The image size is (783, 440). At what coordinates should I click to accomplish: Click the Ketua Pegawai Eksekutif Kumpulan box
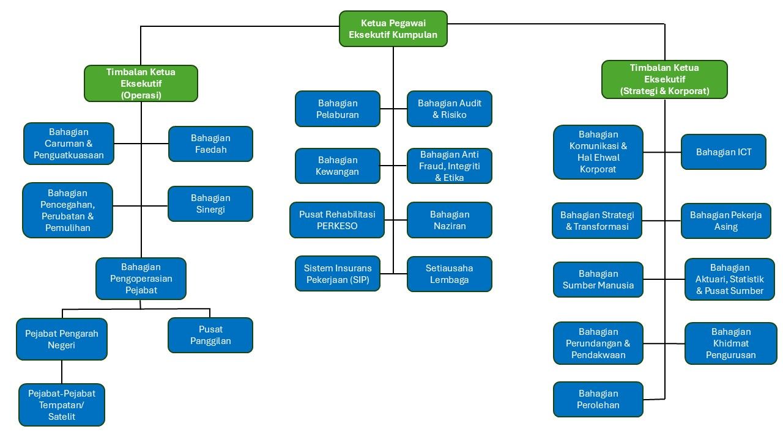[x=393, y=29]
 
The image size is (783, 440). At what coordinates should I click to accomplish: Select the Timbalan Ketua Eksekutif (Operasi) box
[x=141, y=83]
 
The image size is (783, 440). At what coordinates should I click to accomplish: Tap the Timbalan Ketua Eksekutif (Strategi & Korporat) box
[x=664, y=79]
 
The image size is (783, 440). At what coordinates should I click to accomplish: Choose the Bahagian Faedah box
[x=210, y=144]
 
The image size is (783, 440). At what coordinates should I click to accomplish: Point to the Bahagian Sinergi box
[x=210, y=204]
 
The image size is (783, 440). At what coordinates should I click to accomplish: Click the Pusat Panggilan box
[x=210, y=335]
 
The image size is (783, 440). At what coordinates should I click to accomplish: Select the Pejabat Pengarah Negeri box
[x=62, y=339]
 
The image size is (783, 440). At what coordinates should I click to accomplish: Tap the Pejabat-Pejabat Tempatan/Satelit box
[x=62, y=405]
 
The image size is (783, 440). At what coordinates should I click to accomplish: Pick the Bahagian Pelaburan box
[x=338, y=109]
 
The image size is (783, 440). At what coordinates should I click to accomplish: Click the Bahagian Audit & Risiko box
[x=450, y=109]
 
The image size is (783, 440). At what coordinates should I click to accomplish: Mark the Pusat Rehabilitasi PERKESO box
[x=337, y=220]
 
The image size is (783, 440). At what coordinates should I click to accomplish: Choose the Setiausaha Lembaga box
[x=450, y=274]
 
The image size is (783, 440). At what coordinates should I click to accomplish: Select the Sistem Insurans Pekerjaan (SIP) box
[x=338, y=274]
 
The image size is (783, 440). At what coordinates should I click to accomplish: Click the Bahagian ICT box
[x=724, y=152]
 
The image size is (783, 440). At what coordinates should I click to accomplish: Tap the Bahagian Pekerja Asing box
[x=726, y=221]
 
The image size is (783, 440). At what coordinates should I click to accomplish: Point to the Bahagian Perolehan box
[x=598, y=399]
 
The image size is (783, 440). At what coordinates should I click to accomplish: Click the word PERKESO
[x=337, y=226]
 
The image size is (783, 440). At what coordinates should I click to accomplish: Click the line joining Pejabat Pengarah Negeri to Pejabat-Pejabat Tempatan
[x=62, y=372]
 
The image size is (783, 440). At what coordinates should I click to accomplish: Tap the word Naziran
[x=450, y=226]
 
